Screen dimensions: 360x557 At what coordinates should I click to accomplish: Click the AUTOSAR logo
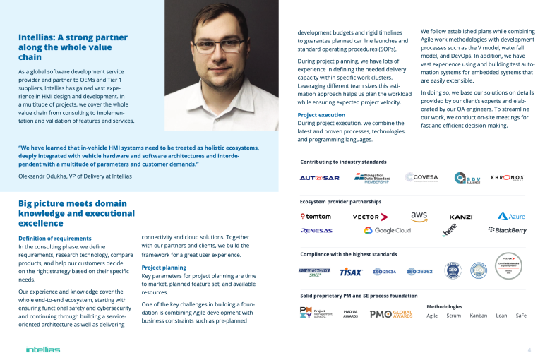320,178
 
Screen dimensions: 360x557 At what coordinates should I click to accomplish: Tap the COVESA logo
421,178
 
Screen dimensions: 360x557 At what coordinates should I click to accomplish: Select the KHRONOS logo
507,178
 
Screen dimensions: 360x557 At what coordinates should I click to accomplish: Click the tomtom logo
316,216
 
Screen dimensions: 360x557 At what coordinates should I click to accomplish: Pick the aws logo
419,216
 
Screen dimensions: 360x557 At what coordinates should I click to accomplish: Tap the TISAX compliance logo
351,271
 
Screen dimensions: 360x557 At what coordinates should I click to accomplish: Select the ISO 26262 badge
421,271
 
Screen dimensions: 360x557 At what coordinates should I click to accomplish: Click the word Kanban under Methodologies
478,316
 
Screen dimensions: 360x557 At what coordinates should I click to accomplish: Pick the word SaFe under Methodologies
521,316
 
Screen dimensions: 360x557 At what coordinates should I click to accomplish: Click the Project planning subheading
164,268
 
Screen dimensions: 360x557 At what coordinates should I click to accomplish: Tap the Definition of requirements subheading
55,239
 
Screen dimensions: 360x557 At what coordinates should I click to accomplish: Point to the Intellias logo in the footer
43,349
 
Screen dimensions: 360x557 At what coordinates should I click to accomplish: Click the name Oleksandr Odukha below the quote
40,176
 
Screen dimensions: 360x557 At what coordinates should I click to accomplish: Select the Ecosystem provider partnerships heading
340,201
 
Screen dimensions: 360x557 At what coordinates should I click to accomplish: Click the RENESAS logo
316,230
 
